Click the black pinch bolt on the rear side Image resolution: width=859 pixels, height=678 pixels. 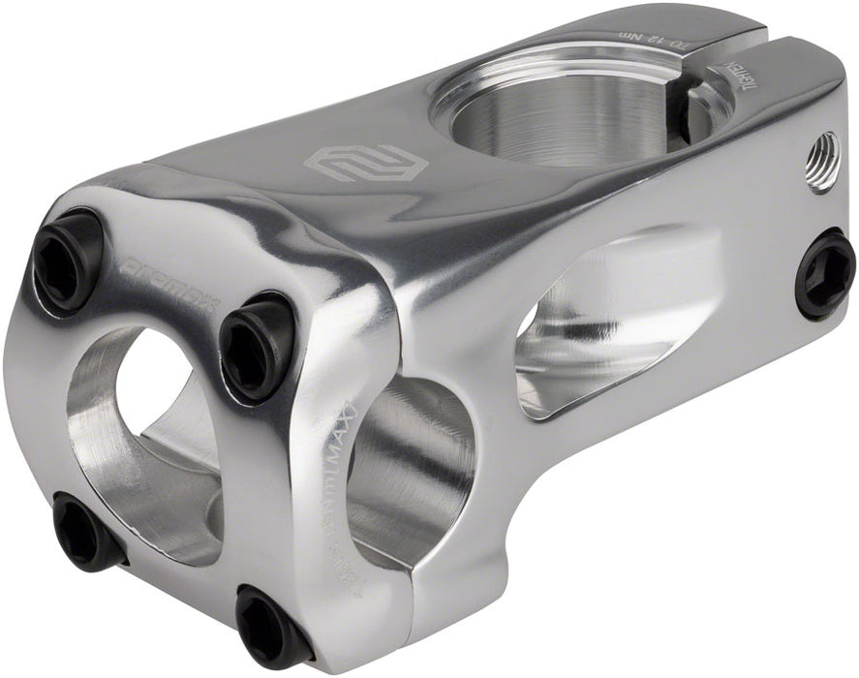(x=825, y=274)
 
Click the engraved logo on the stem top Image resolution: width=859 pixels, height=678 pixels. (x=353, y=161)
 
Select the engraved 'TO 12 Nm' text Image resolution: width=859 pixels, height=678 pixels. (x=640, y=39)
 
